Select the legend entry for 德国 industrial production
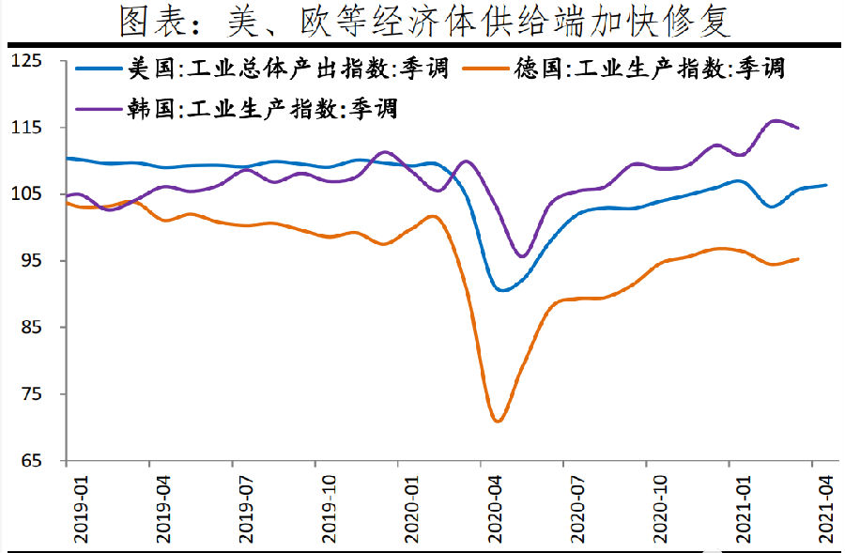point(648,69)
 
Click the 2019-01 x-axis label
point(81,507)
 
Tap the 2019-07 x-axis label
point(246,507)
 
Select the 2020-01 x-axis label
point(411,507)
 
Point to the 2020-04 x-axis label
point(495,507)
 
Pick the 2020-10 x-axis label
point(660,507)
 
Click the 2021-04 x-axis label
point(825,507)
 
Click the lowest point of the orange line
point(498,421)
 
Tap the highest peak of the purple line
point(776,120)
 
